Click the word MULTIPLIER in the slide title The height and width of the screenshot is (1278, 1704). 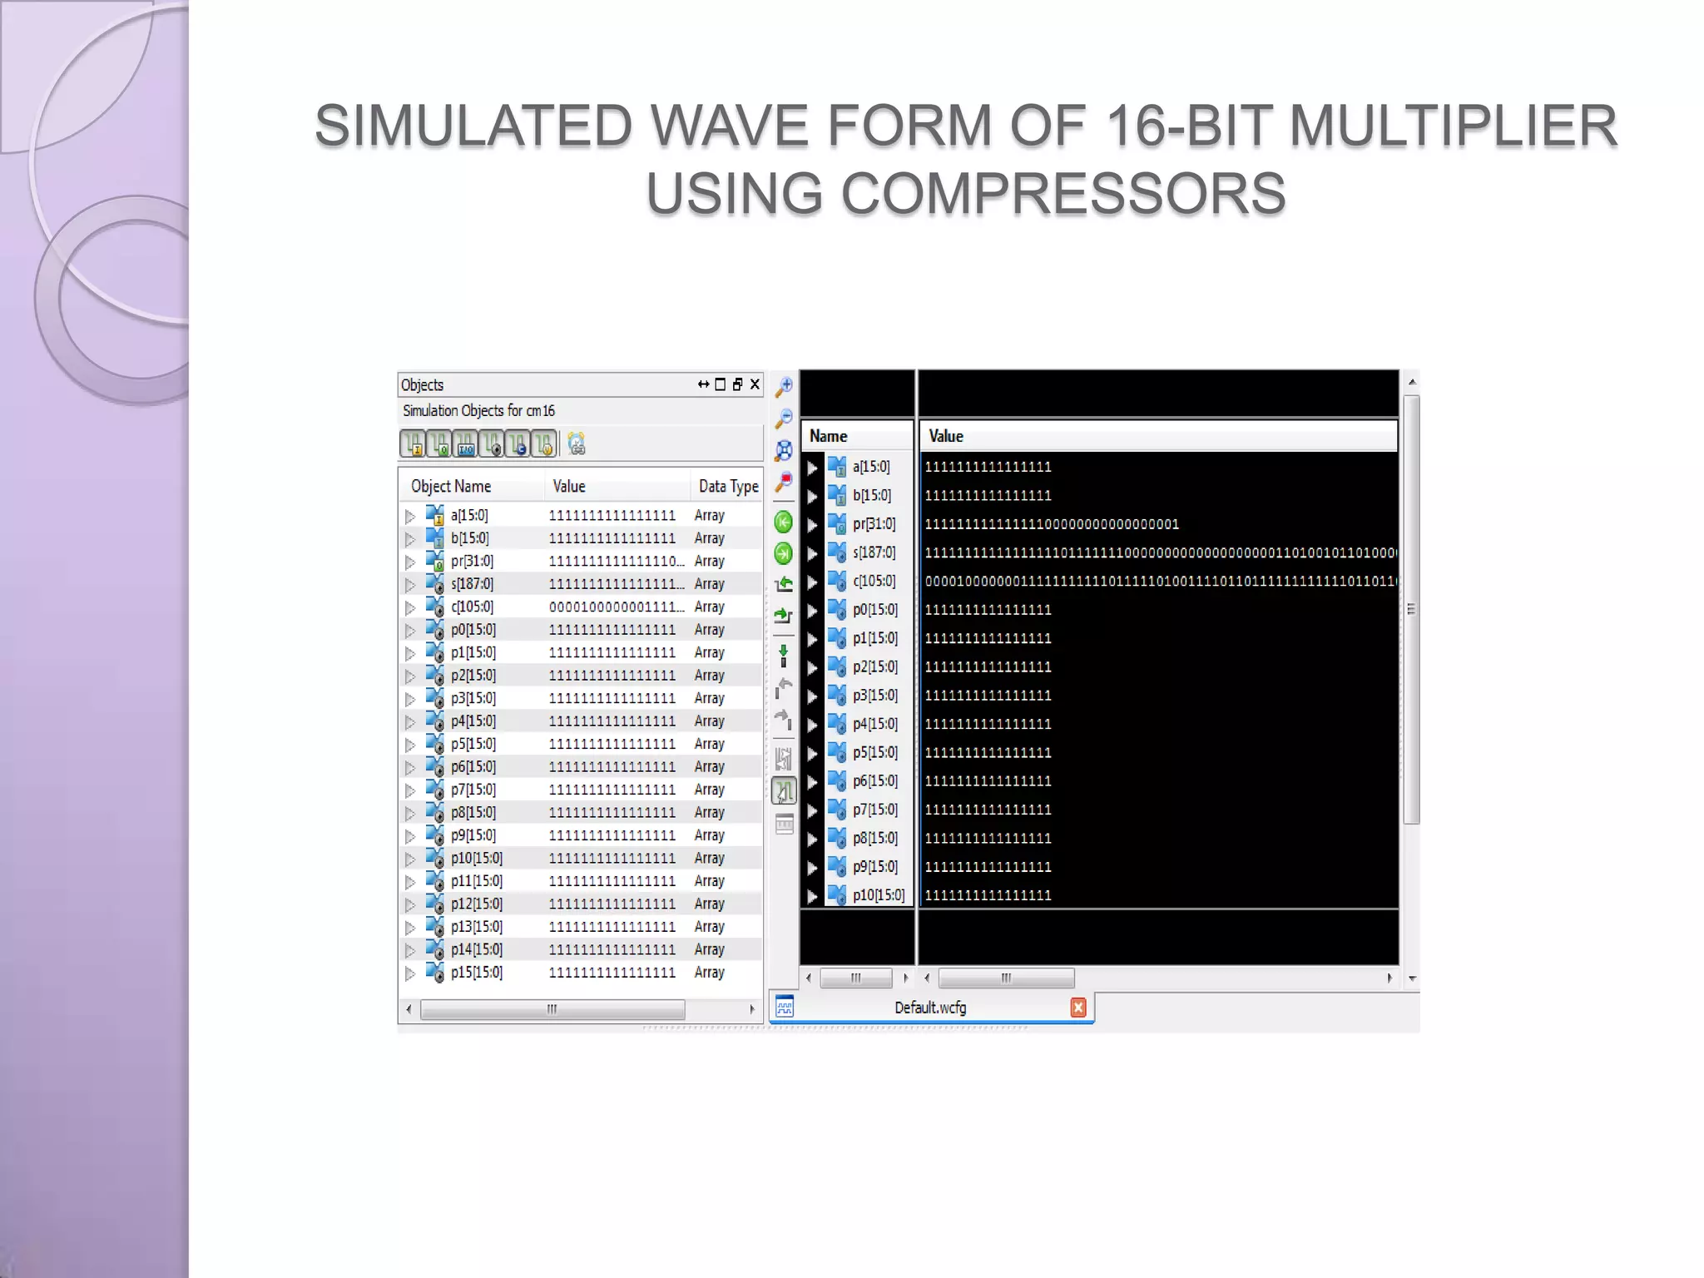coord(1452,126)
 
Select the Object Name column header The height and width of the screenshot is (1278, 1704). coord(451,487)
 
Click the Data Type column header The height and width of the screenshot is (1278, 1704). coord(728,487)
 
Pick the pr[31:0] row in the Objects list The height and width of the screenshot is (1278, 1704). coord(472,562)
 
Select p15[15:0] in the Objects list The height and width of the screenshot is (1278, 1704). coord(476,973)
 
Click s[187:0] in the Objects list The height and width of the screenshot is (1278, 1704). coord(472,584)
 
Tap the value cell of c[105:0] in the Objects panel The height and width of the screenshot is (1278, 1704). coord(616,607)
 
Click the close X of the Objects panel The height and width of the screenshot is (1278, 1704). coord(755,384)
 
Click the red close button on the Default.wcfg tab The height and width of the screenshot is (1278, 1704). coord(1078,1008)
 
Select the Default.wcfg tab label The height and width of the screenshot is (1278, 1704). coord(930,1008)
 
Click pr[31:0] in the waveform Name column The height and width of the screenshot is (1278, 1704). coord(874,524)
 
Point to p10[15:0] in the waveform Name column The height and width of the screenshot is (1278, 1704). coord(878,895)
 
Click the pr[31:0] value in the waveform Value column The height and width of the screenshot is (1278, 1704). coord(1052,524)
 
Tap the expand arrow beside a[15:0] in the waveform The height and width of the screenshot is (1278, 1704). coord(813,468)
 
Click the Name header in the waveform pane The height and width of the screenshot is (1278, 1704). coord(828,436)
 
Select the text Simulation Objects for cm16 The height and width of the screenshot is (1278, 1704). coord(478,411)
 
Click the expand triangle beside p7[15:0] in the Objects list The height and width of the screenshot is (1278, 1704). coord(410,790)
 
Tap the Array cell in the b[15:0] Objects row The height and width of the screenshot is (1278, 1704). coord(709,538)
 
